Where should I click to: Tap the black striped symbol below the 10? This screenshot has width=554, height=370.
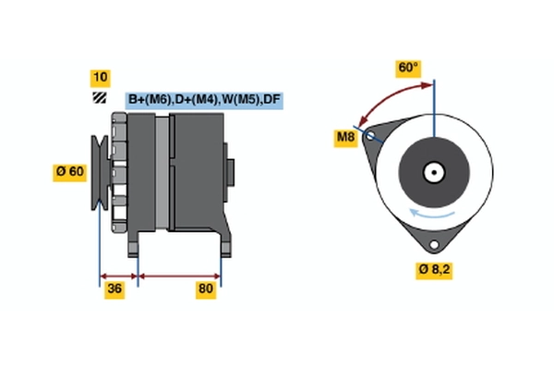click(98, 97)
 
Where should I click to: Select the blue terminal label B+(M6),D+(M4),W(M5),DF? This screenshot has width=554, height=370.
click(203, 99)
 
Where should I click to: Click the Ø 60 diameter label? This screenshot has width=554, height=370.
click(71, 171)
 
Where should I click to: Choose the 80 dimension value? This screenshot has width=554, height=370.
click(205, 290)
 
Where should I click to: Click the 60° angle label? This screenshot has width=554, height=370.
click(407, 68)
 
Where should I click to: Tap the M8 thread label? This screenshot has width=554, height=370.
click(345, 139)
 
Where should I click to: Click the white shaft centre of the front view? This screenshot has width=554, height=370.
click(433, 171)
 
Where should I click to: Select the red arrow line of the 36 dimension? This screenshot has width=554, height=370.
click(118, 275)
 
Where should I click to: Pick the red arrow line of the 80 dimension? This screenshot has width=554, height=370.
click(179, 275)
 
